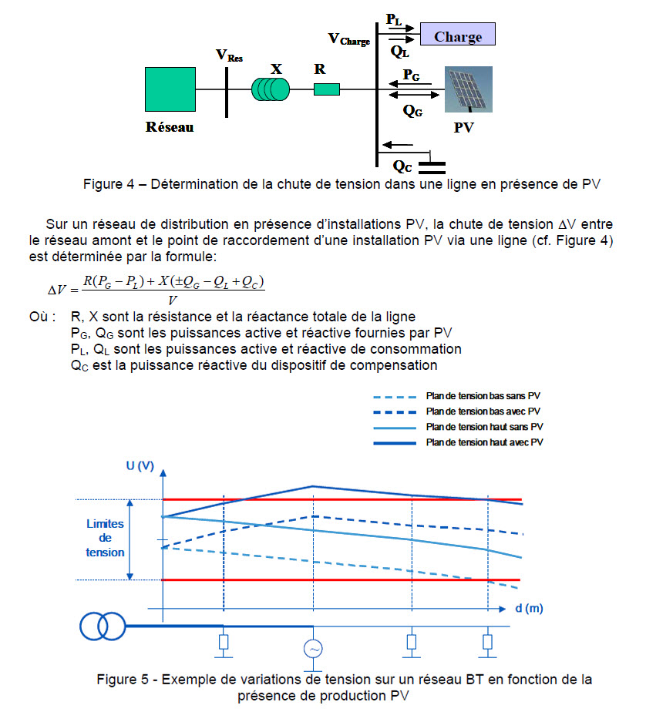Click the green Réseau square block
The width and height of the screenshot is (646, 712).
coord(170,89)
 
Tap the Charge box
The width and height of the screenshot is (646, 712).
coord(457,35)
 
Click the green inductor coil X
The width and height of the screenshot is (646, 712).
coord(271,89)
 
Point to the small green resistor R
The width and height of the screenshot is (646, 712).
coord(327,90)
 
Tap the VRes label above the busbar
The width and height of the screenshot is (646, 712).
coord(228,55)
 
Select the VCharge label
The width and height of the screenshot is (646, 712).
coord(348,39)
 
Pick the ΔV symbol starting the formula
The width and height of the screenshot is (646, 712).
coord(57,290)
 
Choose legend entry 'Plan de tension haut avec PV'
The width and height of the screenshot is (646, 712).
coord(483,442)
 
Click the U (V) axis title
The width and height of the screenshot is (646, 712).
coord(140,467)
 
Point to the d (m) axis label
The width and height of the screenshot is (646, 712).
coord(529,608)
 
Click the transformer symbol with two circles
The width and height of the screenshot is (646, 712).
coord(101,626)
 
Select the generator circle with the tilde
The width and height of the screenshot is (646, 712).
coord(314,649)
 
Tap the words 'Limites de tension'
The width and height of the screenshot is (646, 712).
coord(106,538)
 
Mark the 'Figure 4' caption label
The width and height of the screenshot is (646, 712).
coord(111,184)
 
